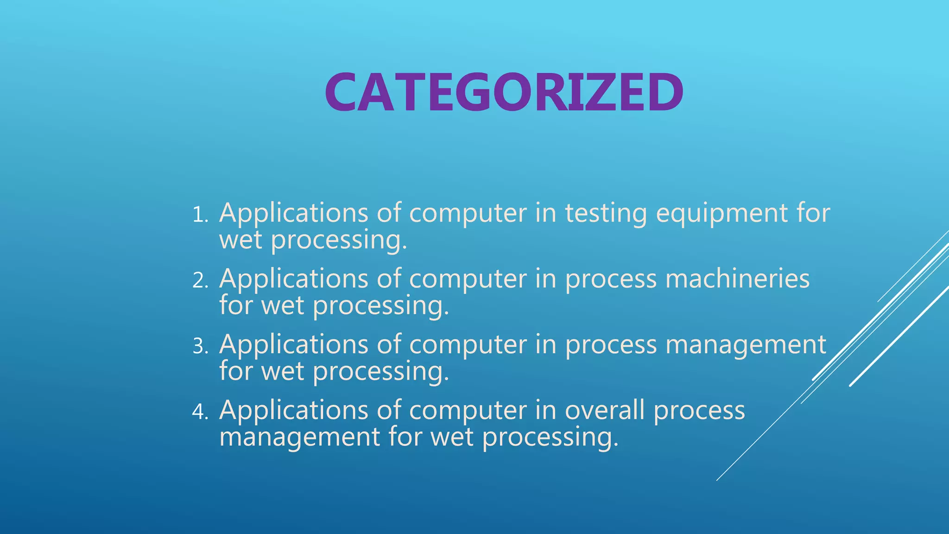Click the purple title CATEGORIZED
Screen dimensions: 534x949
tap(504, 93)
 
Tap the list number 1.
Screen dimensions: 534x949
tap(200, 215)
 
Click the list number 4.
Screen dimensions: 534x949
tap(200, 412)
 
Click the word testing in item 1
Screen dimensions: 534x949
tap(606, 214)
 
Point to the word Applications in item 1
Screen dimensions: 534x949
tap(294, 214)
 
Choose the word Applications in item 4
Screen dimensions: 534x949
tap(294, 411)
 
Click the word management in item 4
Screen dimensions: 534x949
tap(299, 437)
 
